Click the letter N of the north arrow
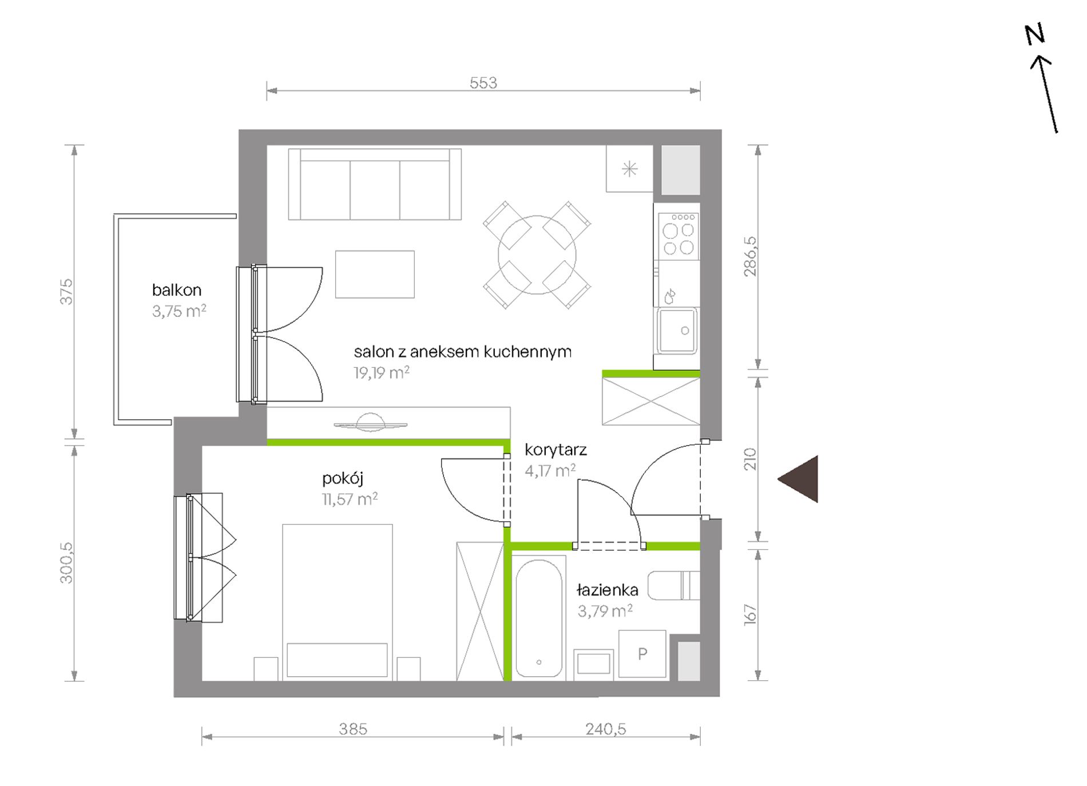click(x=1035, y=34)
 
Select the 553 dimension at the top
click(x=483, y=83)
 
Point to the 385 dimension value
click(x=353, y=729)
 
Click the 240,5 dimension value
click(x=606, y=729)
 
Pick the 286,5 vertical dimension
click(x=750, y=256)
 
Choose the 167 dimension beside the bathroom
click(x=750, y=615)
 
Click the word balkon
click(x=177, y=290)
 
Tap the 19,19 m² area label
click(x=382, y=373)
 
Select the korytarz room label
click(x=556, y=450)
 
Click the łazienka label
click(x=607, y=590)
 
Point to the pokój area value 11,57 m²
click(x=350, y=499)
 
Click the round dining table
click(x=537, y=255)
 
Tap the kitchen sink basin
click(x=677, y=331)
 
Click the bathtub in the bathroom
click(x=538, y=618)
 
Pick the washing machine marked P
click(x=642, y=654)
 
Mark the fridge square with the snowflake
click(x=629, y=169)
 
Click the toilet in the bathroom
click(x=674, y=585)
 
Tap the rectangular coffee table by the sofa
click(x=375, y=274)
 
